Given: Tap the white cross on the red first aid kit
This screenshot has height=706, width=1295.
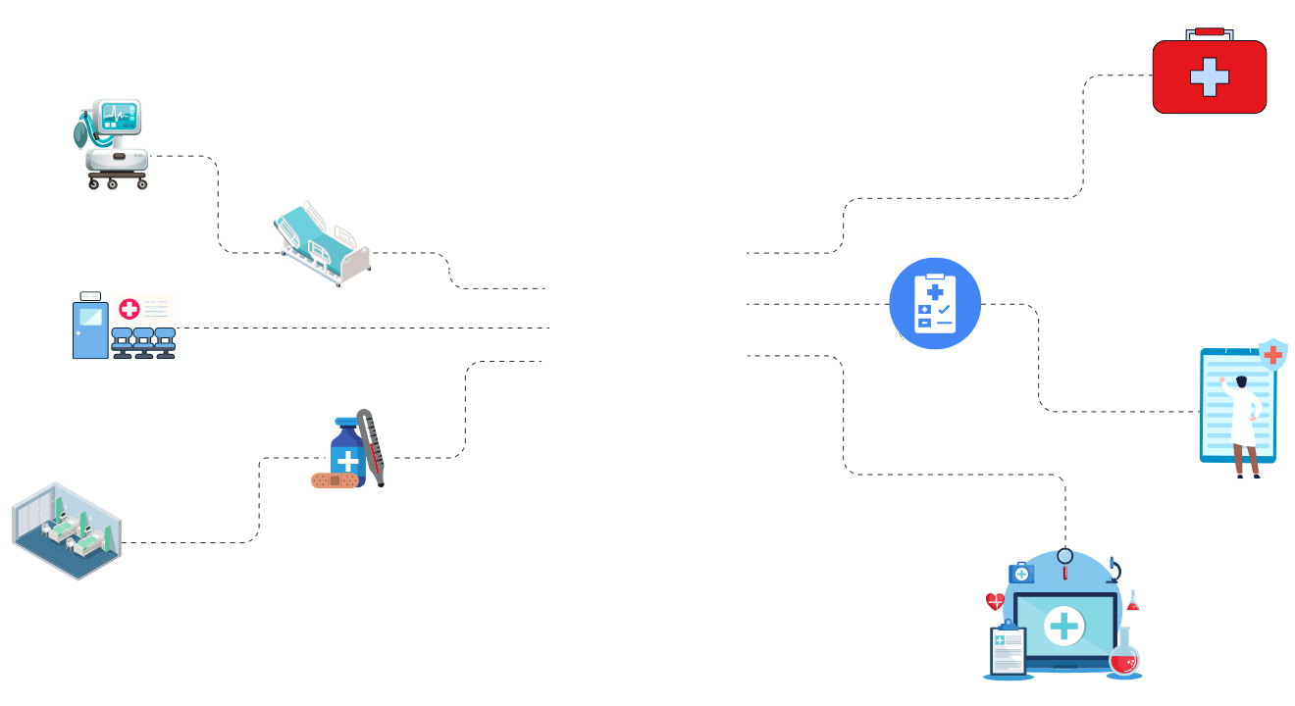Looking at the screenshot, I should (1210, 76).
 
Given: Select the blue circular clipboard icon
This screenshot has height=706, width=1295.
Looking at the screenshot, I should (935, 303).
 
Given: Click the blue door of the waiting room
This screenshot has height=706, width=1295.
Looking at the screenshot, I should (90, 330).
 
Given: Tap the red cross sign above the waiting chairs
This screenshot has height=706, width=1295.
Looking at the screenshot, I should (129, 310).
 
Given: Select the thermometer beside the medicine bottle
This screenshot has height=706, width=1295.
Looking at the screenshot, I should (371, 445).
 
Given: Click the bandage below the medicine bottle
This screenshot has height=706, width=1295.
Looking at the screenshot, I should (335, 481).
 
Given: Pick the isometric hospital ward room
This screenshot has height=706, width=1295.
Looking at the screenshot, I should (66, 530).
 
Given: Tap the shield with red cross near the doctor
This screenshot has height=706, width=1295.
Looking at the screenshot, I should (1273, 354).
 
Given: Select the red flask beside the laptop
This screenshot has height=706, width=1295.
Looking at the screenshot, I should (1124, 657).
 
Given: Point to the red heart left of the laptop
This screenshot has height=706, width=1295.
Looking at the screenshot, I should (995, 601).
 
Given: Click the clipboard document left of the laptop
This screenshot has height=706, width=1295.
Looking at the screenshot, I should (1008, 650).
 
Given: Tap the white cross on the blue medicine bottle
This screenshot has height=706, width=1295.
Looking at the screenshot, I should (348, 461).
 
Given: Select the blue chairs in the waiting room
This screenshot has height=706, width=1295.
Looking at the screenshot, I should (143, 342).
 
